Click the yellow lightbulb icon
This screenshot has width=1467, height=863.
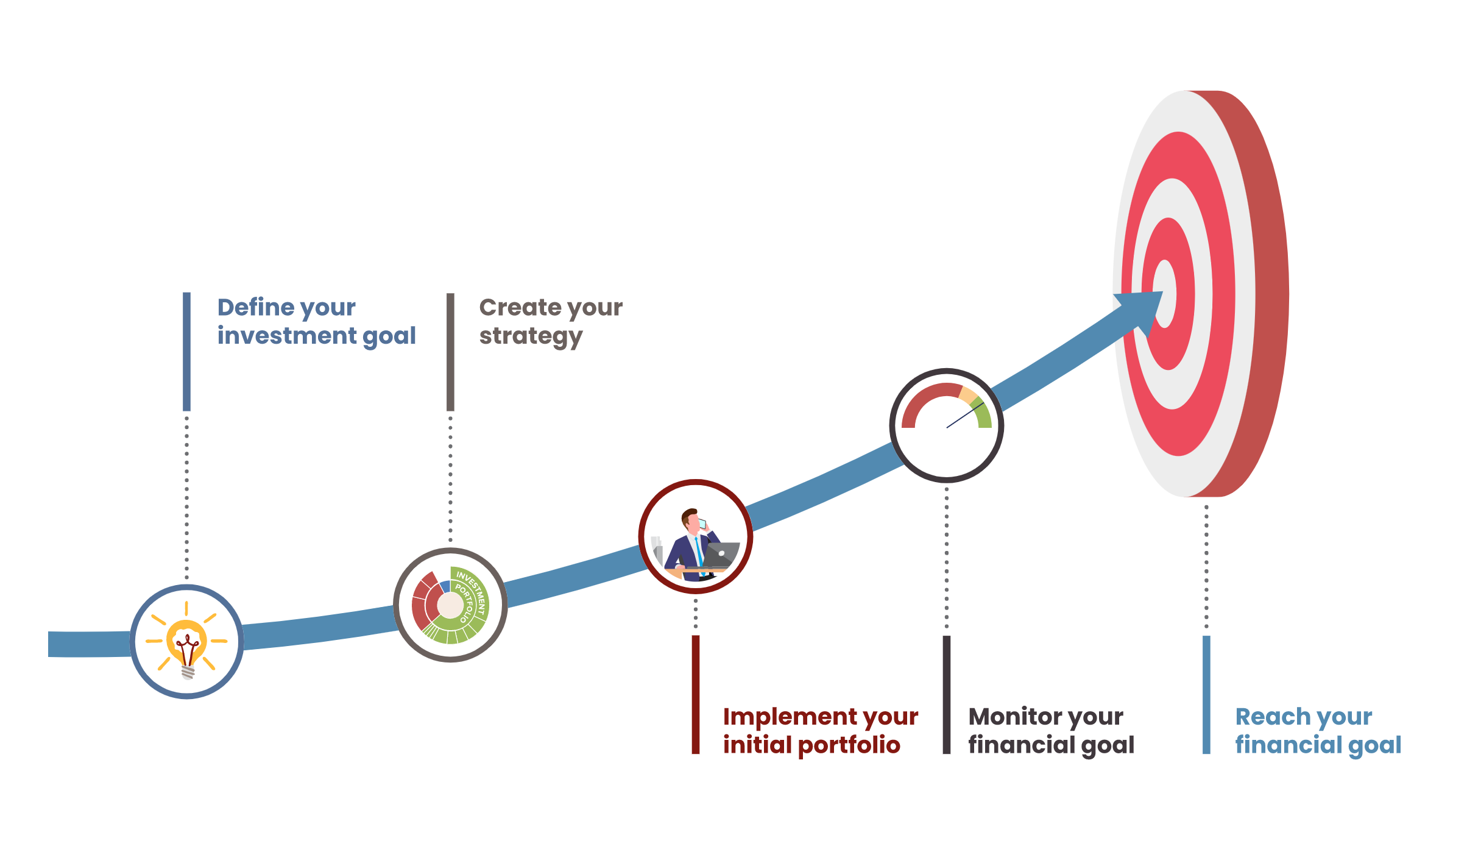[x=186, y=642]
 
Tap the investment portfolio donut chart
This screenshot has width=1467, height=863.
[x=450, y=605]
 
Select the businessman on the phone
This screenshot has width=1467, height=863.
[x=693, y=542]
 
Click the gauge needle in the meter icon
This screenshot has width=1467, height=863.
[x=964, y=415]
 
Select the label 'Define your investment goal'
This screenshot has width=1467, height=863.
[x=316, y=321]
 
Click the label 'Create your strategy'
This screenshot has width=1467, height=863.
[x=550, y=321]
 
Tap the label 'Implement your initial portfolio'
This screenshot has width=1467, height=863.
[x=820, y=730]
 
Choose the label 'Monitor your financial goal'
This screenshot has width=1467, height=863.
[x=1051, y=730]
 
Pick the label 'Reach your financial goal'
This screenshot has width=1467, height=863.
[x=1318, y=730]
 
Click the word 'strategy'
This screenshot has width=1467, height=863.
[x=531, y=336]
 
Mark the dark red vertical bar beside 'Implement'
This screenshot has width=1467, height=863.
[x=695, y=695]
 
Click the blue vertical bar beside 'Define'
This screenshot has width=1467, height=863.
[x=186, y=352]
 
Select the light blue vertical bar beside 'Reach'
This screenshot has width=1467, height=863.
[x=1206, y=695]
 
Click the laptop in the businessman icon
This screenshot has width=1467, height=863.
[x=723, y=554]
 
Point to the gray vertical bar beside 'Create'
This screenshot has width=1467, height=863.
[x=450, y=352]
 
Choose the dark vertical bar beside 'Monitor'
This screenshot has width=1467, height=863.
[x=946, y=695]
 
